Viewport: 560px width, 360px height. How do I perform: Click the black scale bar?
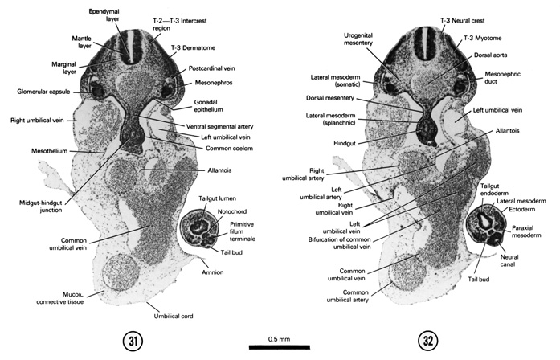[x=273, y=347]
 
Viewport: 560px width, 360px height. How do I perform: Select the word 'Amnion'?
[x=212, y=272]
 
